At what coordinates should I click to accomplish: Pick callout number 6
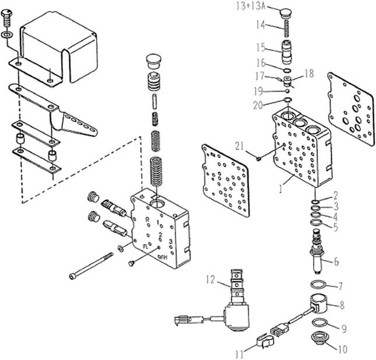coord(336,261)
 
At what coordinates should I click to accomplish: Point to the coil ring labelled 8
coord(319,305)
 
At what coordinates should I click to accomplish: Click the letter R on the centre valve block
coord(148,220)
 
